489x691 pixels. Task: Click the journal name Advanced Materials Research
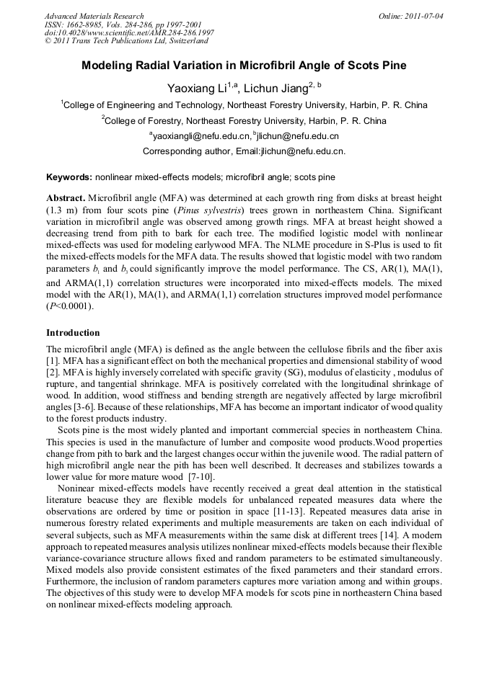(x=94, y=16)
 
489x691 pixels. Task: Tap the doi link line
(x=129, y=33)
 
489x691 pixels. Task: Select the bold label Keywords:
(x=69, y=177)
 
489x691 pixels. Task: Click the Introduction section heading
(x=73, y=333)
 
